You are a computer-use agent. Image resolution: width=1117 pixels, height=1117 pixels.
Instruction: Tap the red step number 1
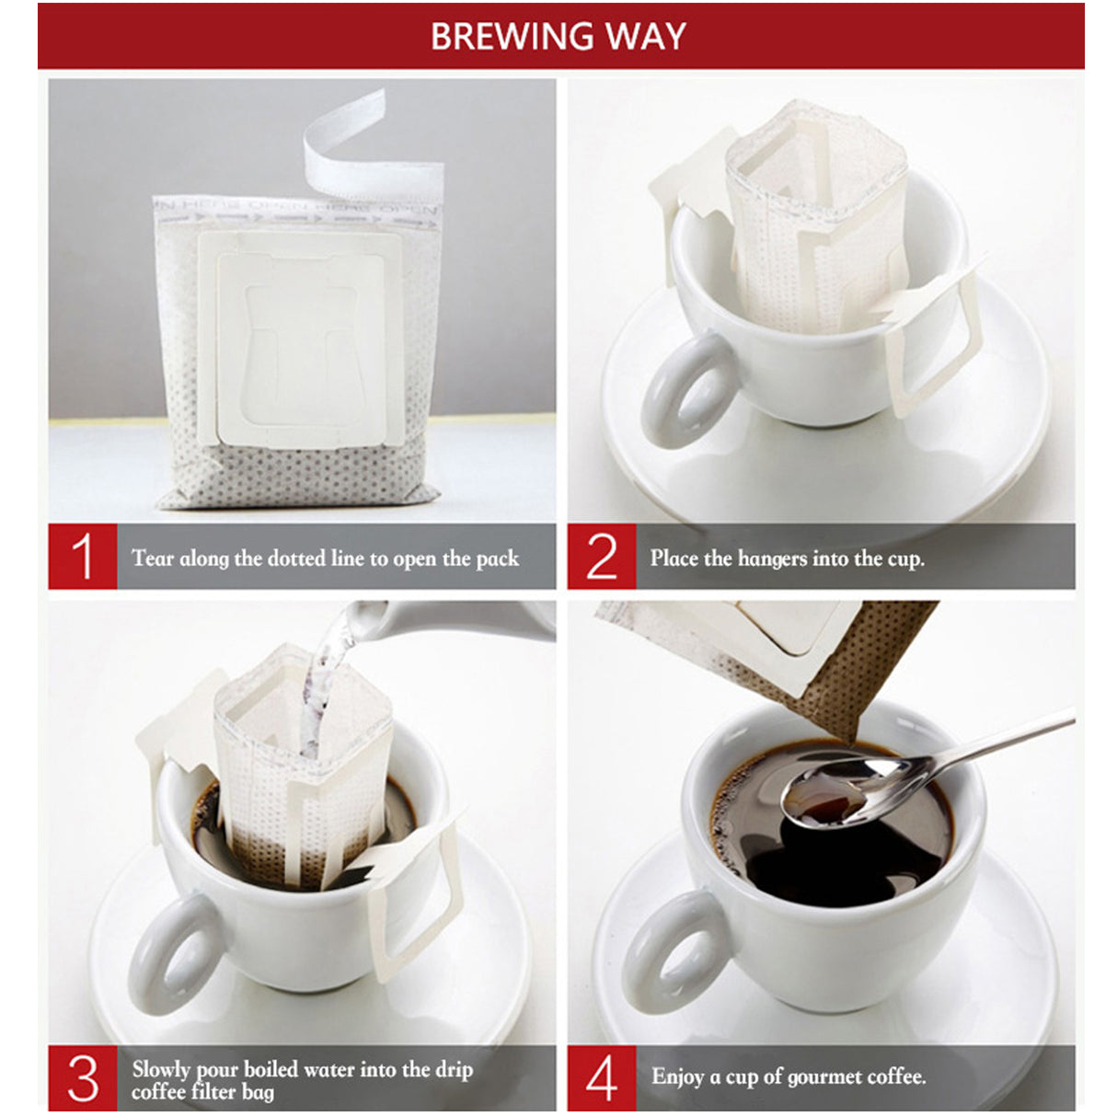[x=83, y=557]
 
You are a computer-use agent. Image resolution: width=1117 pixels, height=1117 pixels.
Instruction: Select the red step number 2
[x=602, y=557]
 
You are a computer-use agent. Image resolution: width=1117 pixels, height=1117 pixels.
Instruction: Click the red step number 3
[x=83, y=1078]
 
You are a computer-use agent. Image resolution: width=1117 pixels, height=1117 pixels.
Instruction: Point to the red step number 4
[x=602, y=1078]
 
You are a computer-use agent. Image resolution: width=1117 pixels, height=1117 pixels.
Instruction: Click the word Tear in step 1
[x=152, y=558]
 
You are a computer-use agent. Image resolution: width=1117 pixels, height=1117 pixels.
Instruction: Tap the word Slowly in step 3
[x=162, y=1069]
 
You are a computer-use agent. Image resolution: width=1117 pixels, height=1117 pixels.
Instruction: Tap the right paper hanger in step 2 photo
[x=929, y=340]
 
